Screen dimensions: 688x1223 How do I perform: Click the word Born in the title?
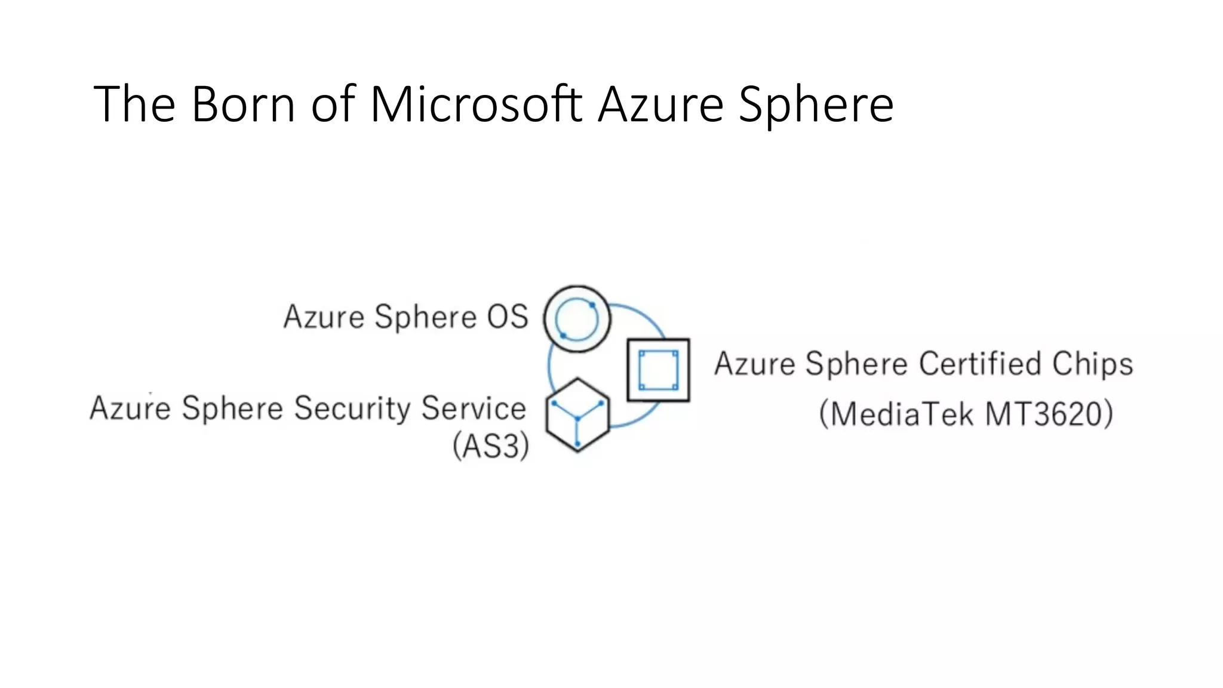pos(243,105)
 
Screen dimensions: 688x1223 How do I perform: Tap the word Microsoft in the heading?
pos(476,105)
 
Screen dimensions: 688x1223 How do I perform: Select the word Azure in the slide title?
pos(661,105)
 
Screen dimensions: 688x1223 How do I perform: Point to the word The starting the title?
pos(134,105)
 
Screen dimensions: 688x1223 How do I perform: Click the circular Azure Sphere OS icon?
pos(577,319)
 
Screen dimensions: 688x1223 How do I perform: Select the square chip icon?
pos(658,370)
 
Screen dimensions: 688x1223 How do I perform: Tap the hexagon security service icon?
pos(577,414)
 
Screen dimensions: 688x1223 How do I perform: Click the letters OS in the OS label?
pos(507,317)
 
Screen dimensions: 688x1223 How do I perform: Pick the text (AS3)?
pos(491,446)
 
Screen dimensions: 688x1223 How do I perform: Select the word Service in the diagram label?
pos(474,408)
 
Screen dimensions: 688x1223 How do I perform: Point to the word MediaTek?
pos(902,414)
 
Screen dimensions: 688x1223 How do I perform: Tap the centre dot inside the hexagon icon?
pos(577,419)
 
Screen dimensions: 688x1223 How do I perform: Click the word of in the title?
pos(333,105)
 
